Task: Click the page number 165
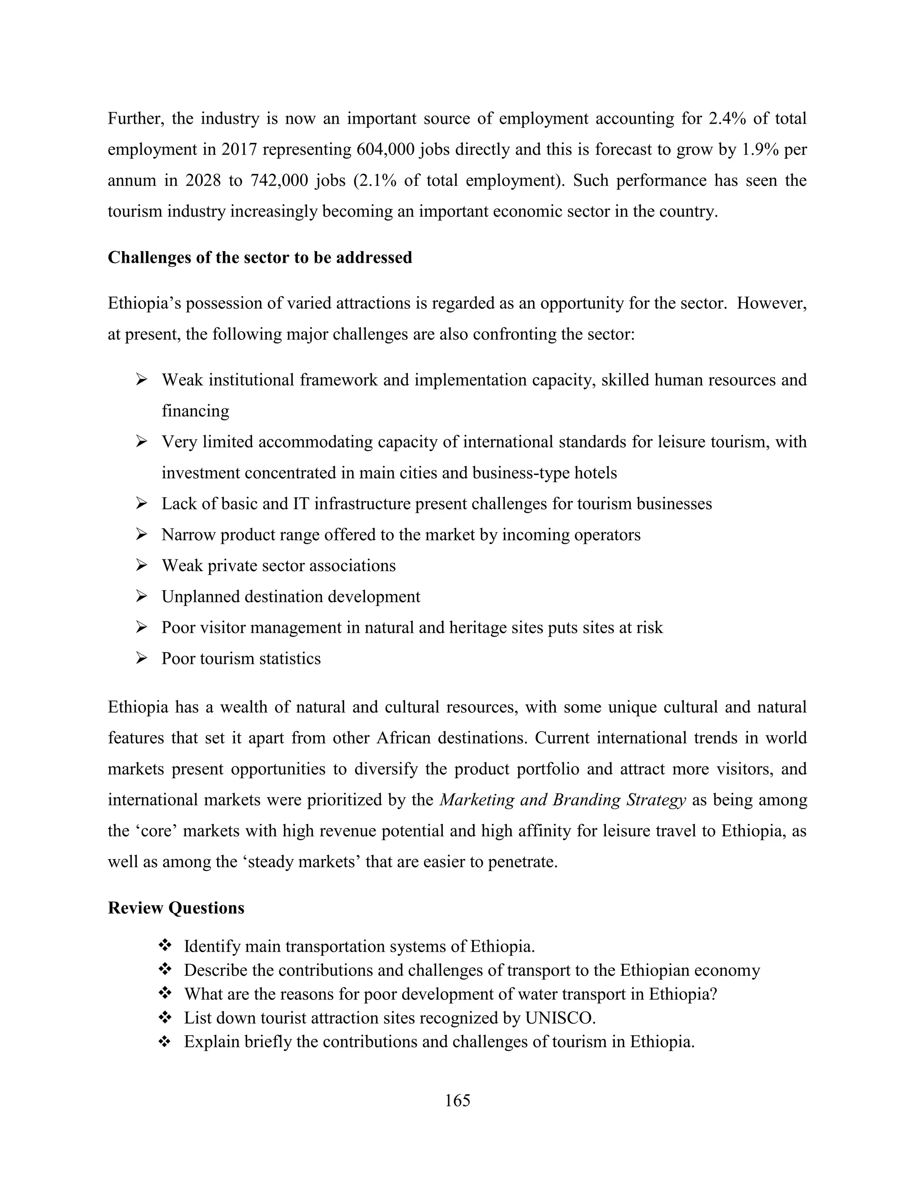click(x=457, y=1100)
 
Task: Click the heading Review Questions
click(x=176, y=908)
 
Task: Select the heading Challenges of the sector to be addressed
click(x=260, y=257)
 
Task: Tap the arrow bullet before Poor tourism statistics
click(x=142, y=659)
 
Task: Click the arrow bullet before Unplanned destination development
click(x=142, y=597)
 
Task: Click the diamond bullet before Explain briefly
click(x=165, y=1041)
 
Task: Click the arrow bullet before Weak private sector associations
click(x=142, y=566)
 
